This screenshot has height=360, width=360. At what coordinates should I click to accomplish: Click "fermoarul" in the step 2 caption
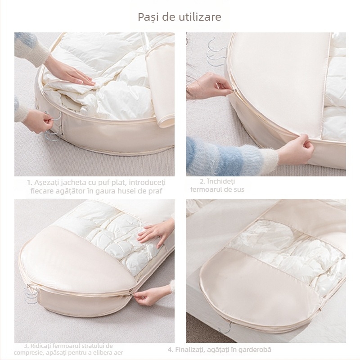tap(218, 189)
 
